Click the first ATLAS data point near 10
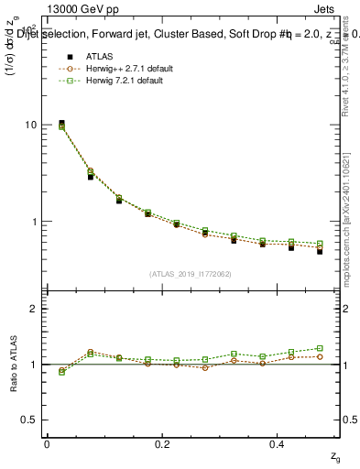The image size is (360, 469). (61, 123)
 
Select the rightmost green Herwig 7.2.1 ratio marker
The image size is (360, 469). (320, 348)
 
